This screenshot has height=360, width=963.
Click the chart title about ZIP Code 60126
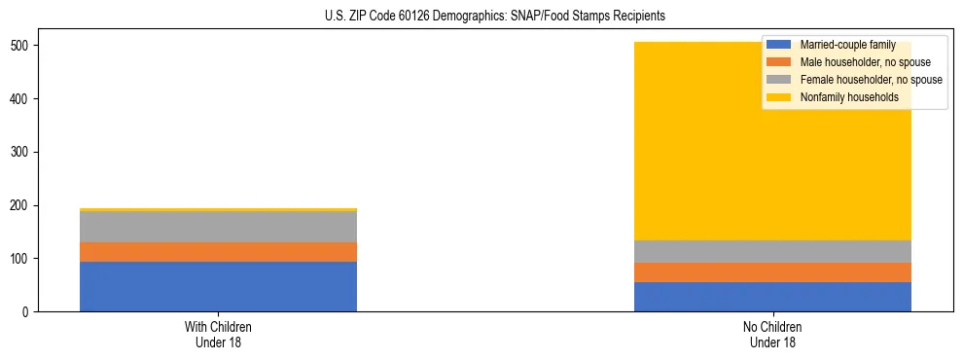click(x=481, y=16)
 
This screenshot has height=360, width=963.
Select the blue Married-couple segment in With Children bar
click(x=218, y=286)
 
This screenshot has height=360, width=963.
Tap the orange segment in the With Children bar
click(x=218, y=252)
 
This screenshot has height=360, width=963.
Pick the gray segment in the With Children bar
click(x=218, y=227)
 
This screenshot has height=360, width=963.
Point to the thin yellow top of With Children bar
click(x=218, y=209)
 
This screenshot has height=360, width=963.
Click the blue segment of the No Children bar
click(x=772, y=297)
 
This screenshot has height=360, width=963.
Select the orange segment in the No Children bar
click(x=772, y=272)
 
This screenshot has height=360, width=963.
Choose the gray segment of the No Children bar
click(x=772, y=251)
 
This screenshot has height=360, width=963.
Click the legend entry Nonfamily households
click(x=849, y=97)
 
